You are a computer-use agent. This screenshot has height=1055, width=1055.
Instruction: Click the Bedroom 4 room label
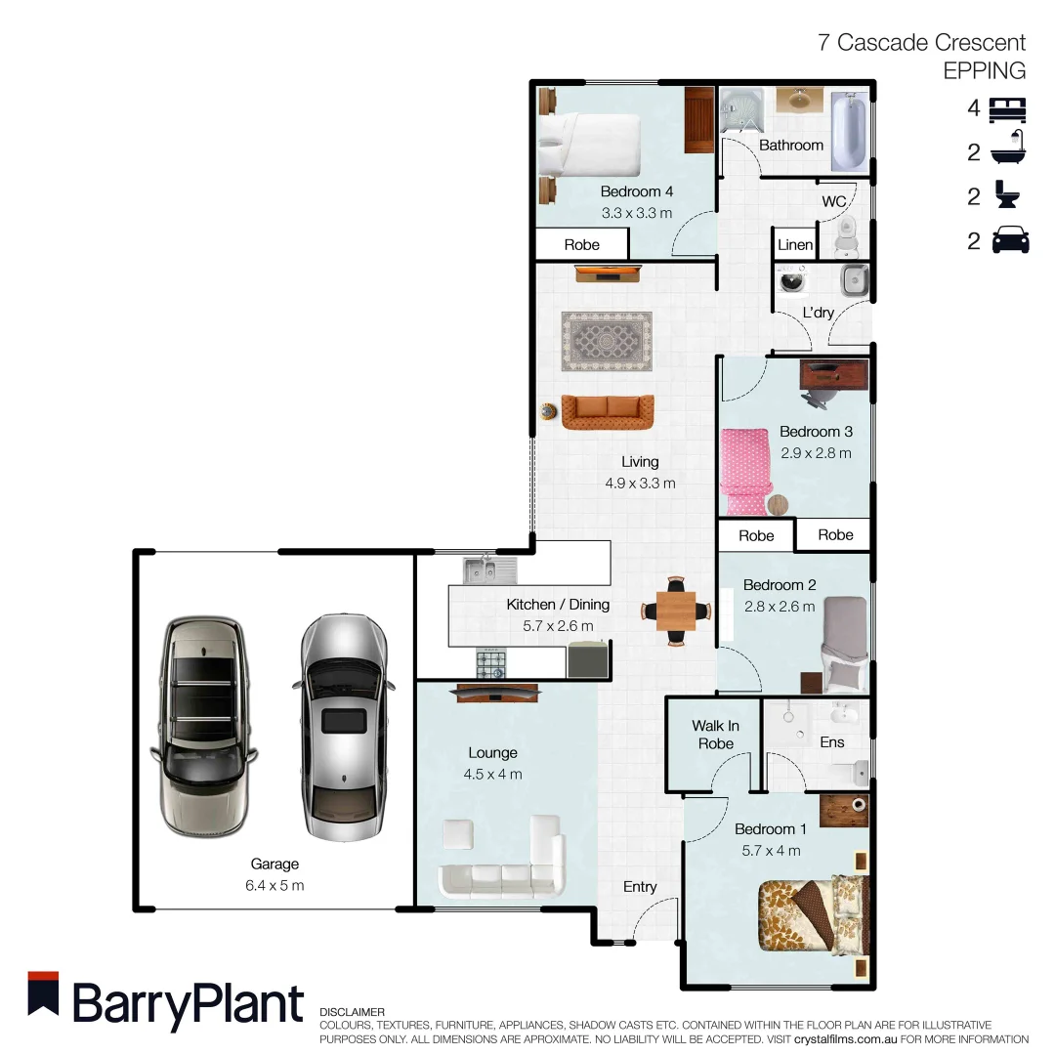tap(636, 191)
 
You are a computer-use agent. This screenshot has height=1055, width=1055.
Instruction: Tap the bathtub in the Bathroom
tap(848, 131)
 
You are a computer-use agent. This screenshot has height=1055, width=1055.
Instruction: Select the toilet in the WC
tap(846, 232)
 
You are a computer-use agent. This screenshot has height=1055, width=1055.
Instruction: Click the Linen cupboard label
tap(794, 244)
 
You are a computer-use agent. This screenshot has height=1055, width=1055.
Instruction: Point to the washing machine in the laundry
tap(791, 281)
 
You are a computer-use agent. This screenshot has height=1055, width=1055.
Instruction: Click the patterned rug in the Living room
tap(606, 341)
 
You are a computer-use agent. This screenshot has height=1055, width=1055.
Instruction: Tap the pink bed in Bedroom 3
tap(748, 471)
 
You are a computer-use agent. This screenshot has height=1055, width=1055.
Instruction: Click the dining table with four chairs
tap(676, 611)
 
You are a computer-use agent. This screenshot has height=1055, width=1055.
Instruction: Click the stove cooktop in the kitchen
tap(491, 664)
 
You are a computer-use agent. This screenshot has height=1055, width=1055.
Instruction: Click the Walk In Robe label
tap(715, 735)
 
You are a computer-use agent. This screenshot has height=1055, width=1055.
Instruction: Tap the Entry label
tap(640, 887)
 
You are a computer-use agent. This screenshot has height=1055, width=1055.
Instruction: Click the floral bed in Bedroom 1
tap(810, 914)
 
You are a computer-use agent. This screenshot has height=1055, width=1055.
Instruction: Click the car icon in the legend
tap(1010, 240)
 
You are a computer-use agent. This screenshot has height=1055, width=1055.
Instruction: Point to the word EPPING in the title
tap(984, 70)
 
